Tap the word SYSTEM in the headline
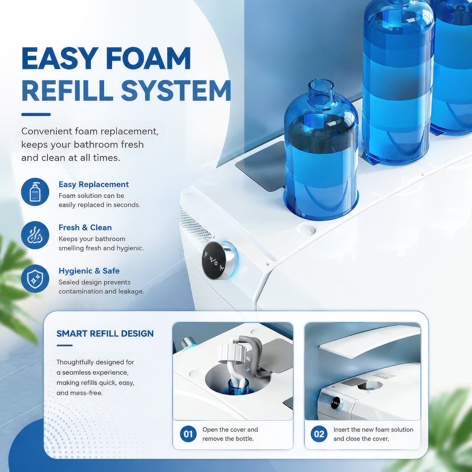point(176,91)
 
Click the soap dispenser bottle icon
point(35,192)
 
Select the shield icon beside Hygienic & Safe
point(35,278)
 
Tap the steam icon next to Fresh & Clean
point(35,235)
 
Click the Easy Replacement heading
point(94,184)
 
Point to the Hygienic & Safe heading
point(89,271)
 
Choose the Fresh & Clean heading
point(85,228)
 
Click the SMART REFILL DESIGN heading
point(105,334)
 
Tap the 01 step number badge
point(188,434)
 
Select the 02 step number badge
point(319,434)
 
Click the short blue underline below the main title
point(36,115)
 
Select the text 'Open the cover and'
point(230,430)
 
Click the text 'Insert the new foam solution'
point(373,430)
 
